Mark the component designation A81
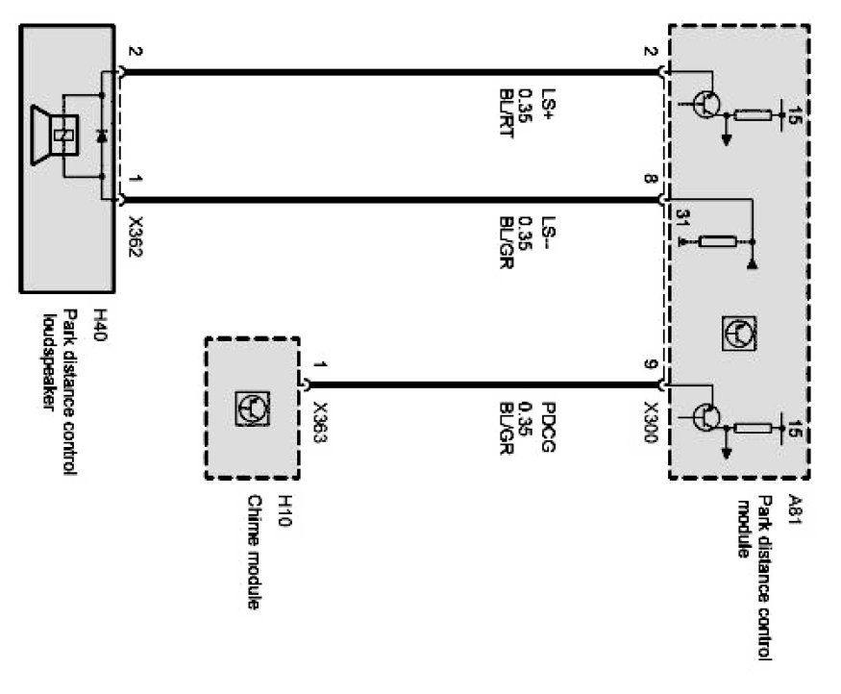coord(794,506)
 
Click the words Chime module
coord(255,553)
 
